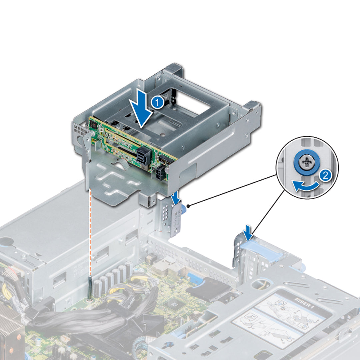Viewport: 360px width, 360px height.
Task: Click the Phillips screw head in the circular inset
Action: pyautogui.click(x=306, y=163)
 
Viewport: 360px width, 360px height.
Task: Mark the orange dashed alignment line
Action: pyautogui.click(x=90, y=233)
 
